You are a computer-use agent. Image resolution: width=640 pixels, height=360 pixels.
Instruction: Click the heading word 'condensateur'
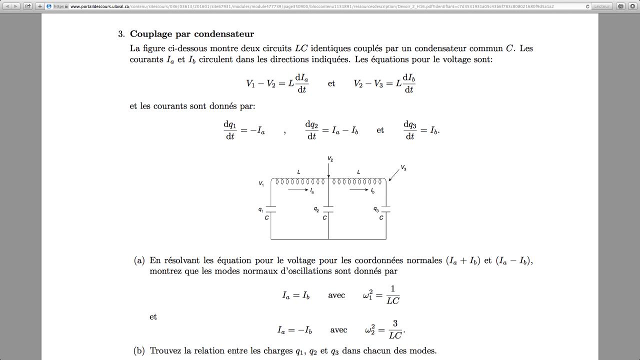click(224, 34)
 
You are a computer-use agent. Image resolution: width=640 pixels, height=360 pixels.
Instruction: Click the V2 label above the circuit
click(330, 159)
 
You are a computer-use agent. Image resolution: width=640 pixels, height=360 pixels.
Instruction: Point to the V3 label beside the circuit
click(403, 168)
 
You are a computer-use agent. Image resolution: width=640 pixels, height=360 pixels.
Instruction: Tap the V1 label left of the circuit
click(261, 184)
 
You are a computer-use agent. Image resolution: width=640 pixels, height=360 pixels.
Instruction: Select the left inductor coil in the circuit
click(299, 181)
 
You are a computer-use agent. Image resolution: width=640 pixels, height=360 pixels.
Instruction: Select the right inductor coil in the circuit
click(358, 181)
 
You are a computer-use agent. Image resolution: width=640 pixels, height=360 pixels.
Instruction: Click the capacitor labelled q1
click(271, 208)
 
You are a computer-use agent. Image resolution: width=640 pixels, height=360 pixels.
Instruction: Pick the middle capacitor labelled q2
click(328, 208)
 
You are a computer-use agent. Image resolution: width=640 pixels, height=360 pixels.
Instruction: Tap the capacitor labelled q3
click(385, 208)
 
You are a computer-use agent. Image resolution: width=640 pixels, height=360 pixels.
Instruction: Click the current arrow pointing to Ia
click(298, 190)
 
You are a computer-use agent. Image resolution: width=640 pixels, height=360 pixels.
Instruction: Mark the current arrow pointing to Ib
click(359, 190)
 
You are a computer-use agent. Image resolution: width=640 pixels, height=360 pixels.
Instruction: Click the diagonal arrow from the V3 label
click(394, 175)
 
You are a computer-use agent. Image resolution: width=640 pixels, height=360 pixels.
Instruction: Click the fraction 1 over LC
click(393, 294)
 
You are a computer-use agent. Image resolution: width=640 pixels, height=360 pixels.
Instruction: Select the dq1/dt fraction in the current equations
click(229, 130)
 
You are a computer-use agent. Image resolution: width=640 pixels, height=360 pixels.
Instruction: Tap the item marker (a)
click(139, 260)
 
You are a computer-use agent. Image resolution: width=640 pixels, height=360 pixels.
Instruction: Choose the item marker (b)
click(139, 350)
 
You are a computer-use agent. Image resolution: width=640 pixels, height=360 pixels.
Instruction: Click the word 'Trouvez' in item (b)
click(165, 350)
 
